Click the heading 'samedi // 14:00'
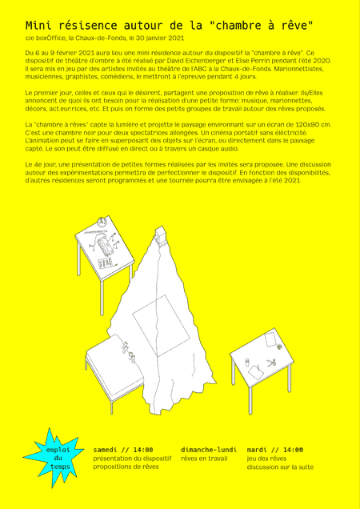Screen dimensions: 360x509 tap(123, 450)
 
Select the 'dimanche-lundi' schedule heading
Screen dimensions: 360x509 tap(209, 450)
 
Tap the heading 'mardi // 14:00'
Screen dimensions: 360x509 tap(275, 450)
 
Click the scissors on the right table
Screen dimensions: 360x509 tap(270, 363)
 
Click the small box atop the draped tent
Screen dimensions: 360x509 tap(161, 234)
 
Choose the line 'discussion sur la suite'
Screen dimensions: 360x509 tap(281, 467)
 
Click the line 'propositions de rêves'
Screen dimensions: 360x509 tap(121, 467)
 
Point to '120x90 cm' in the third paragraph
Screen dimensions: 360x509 tap(309, 125)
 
